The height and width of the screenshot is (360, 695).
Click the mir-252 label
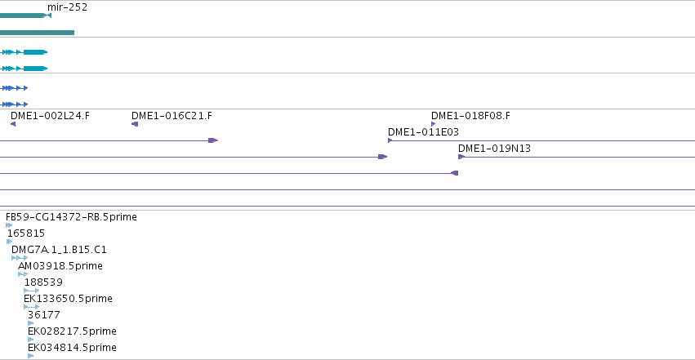pos(67,7)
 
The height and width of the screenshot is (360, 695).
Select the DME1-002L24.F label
pos(50,116)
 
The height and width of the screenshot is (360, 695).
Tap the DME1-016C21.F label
pos(172,116)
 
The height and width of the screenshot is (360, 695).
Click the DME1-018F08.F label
pos(470,116)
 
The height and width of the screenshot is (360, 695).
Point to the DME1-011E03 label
pos(423,132)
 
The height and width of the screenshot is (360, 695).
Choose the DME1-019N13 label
pos(495,149)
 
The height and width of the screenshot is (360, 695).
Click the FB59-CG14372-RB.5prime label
pos(71,217)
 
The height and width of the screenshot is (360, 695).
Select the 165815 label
pos(26,233)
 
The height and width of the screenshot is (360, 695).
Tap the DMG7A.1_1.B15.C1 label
pos(59,250)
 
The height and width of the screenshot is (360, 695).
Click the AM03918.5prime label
pos(60,266)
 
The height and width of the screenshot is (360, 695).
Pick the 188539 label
pos(43,282)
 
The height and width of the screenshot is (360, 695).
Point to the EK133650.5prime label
pos(69,299)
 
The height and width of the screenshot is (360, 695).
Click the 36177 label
pos(44,315)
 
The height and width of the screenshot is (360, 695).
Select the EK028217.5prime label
pos(72,331)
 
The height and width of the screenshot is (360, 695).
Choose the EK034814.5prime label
pos(72,348)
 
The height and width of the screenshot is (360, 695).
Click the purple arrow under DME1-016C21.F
pos(135,124)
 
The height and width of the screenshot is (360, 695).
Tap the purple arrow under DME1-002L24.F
pos(13,124)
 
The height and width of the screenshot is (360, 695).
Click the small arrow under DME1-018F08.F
pos(433,124)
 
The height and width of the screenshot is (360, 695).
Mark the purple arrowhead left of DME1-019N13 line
pos(461,157)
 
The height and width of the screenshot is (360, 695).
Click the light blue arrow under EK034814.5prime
pos(30,356)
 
